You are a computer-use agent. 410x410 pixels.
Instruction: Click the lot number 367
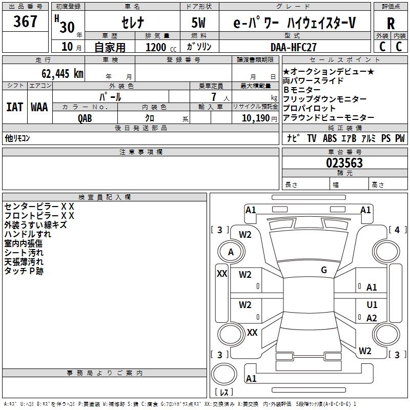pyautogui.click(x=25, y=22)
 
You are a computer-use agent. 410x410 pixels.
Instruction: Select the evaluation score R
pyautogui.click(x=391, y=24)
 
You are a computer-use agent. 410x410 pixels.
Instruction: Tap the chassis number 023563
pyautogui.click(x=344, y=163)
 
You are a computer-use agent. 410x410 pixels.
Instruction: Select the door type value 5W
pyautogui.click(x=199, y=23)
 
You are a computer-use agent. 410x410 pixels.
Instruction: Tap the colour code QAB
pyautogui.click(x=85, y=118)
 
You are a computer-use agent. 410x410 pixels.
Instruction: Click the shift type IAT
pyautogui.click(x=14, y=107)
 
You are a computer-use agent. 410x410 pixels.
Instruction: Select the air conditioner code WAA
pyautogui.click(x=39, y=107)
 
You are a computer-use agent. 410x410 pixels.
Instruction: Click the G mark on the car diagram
pyautogui.click(x=323, y=270)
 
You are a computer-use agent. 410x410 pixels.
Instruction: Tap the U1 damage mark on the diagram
pyautogui.click(x=372, y=305)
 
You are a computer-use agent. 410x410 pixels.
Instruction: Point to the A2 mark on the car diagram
pyautogui.click(x=372, y=318)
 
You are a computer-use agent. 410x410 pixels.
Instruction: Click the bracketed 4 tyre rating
pyautogui.click(x=397, y=230)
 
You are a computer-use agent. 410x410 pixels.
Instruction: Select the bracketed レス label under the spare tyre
pyautogui.click(x=224, y=393)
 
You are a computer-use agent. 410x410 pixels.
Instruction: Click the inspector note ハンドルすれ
pyautogui.click(x=28, y=234)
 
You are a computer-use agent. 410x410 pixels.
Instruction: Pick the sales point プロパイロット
pyautogui.click(x=309, y=108)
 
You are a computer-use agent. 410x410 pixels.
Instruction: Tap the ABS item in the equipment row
pyautogui.click(x=330, y=138)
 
